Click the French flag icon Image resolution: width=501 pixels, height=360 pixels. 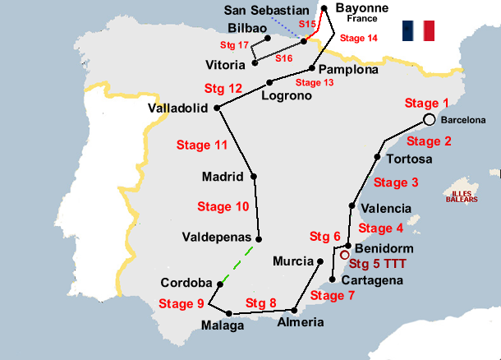point(419,31)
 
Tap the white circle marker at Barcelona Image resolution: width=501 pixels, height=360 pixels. point(429,119)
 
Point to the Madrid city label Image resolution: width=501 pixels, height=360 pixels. point(223,176)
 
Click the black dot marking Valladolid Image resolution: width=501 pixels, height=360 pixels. point(216,108)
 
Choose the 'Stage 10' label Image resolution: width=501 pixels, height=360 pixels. point(223,206)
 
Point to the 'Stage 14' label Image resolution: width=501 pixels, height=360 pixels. point(359,38)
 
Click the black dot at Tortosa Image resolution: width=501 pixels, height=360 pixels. point(377,156)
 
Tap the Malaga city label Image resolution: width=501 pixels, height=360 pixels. point(223,325)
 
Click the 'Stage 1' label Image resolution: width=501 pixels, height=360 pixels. point(428,103)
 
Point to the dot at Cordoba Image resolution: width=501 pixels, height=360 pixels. point(218,284)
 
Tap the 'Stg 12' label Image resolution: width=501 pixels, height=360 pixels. point(223,88)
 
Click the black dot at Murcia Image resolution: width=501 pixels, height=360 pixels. point(319,261)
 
